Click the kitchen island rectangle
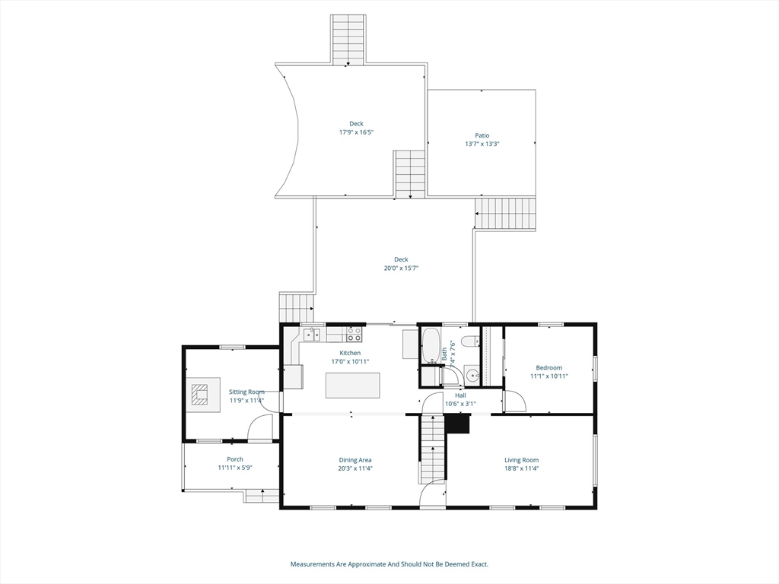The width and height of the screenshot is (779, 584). click(x=352, y=386)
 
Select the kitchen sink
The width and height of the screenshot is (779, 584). click(x=311, y=334)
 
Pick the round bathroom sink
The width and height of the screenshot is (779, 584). click(x=472, y=374)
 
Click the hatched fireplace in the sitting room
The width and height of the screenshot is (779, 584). click(x=200, y=395)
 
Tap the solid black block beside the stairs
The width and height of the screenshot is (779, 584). click(x=459, y=424)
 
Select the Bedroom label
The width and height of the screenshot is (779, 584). click(x=548, y=367)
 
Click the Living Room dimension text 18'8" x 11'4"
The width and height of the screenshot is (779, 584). click(x=521, y=468)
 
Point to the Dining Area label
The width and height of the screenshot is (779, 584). click(x=355, y=459)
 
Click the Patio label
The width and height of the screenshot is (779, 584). click(x=482, y=135)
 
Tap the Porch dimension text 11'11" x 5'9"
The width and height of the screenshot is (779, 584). click(x=234, y=468)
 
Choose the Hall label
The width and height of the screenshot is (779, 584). click(x=460, y=395)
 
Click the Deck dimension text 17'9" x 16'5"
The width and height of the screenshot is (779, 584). click(x=356, y=132)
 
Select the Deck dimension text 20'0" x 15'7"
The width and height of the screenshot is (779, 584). click(x=401, y=268)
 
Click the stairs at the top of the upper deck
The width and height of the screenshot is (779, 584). click(x=348, y=40)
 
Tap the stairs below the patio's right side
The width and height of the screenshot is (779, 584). click(x=506, y=214)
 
